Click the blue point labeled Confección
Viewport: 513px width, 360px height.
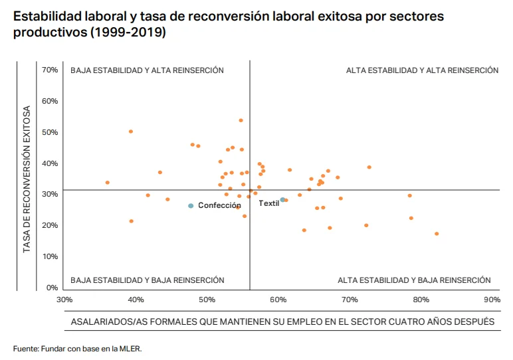[x=191, y=206]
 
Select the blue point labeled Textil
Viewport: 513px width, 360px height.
[x=282, y=199]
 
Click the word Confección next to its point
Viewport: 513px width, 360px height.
[x=219, y=206]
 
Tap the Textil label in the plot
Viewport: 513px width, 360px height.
[x=268, y=203]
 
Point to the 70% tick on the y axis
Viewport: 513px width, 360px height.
[x=50, y=70]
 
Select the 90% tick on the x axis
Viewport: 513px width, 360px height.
[x=492, y=300]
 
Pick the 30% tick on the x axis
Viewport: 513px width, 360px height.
[x=64, y=300]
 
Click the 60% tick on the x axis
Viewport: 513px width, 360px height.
[x=278, y=300]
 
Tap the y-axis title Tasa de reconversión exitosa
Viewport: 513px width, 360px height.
[x=27, y=179]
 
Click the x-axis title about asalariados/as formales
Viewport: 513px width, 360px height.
[x=282, y=321]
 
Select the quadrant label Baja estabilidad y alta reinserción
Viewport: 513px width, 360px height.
[x=147, y=70]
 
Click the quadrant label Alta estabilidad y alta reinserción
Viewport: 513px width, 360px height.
[x=422, y=70]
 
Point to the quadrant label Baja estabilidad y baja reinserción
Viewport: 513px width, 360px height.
[x=147, y=280]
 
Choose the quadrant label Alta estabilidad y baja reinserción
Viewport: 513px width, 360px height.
[x=414, y=280]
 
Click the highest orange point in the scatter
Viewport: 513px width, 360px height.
[x=241, y=120]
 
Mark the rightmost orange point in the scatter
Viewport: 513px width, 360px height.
[x=437, y=234]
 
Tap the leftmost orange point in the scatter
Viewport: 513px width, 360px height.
[x=107, y=183]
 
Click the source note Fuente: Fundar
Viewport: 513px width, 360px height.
[x=78, y=348]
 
